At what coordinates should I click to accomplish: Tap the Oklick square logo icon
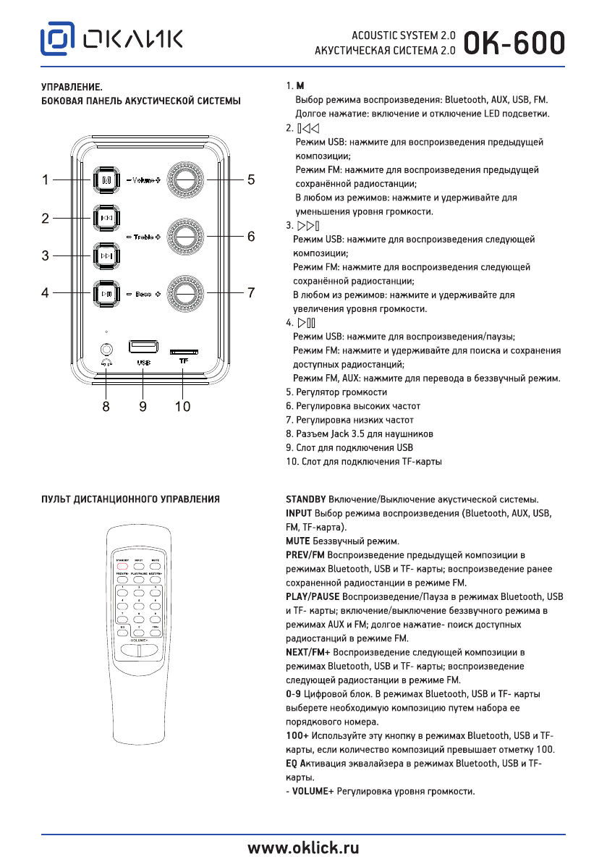58,41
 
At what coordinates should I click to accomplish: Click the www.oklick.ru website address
303,848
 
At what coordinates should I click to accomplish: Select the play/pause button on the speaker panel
106,293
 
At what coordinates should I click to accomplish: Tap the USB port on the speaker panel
143,346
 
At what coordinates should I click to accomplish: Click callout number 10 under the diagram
182,407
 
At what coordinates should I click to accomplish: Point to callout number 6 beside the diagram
251,237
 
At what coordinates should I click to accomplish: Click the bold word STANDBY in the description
306,499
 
